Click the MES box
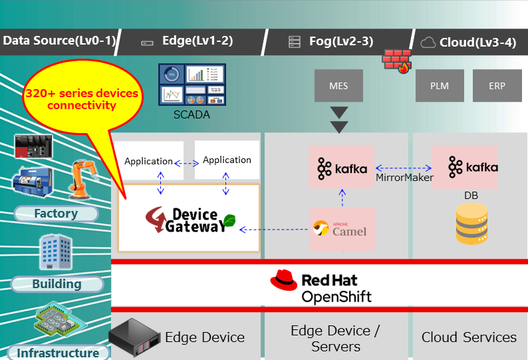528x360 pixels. pyautogui.click(x=338, y=86)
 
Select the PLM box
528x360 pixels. pyautogui.click(x=440, y=86)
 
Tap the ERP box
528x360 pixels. pyautogui.click(x=497, y=86)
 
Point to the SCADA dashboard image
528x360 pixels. pyautogui.click(x=192, y=85)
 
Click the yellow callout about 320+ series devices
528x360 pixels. pyautogui.click(x=82, y=100)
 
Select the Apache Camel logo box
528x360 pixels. pyautogui.click(x=342, y=229)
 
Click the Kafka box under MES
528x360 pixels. pyautogui.click(x=342, y=167)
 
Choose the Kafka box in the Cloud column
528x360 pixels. pyautogui.click(x=464, y=167)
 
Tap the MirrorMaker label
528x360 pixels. pyautogui.click(x=404, y=178)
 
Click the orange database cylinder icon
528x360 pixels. pyautogui.click(x=471, y=224)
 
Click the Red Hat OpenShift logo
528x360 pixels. pyautogui.click(x=321, y=286)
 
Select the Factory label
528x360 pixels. pyautogui.click(x=56, y=214)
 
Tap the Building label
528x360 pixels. pyautogui.click(x=57, y=284)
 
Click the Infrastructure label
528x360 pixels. pyautogui.click(x=58, y=353)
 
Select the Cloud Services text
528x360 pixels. pyautogui.click(x=469, y=337)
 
